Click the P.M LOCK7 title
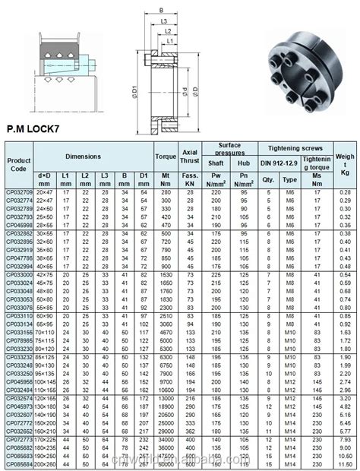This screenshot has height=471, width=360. point(39,130)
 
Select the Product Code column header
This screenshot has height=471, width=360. point(18,165)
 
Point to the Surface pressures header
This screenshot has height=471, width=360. point(229,147)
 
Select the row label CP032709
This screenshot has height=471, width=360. point(18,193)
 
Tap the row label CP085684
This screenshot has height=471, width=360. point(18,464)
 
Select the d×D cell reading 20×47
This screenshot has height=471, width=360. point(45,193)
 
